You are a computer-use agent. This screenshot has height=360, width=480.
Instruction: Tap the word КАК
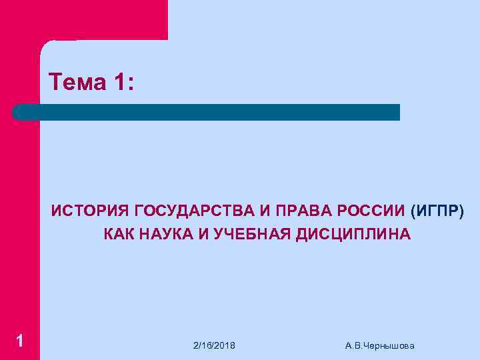click(x=117, y=234)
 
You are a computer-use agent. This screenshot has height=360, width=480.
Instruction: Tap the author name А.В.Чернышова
click(x=380, y=345)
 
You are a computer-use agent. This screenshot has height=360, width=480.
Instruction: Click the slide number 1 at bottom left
click(x=20, y=341)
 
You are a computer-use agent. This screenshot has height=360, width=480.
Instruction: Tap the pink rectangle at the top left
click(x=83, y=19)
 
